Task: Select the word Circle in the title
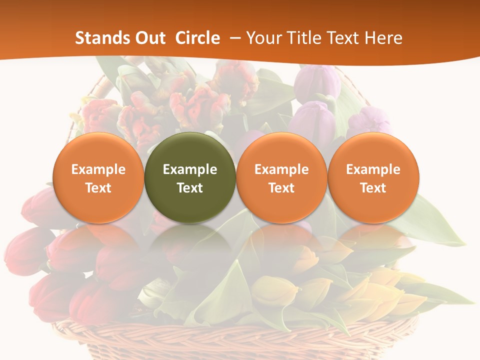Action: click(x=197, y=38)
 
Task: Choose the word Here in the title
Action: click(x=385, y=38)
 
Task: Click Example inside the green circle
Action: click(x=190, y=169)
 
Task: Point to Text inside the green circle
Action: click(x=190, y=188)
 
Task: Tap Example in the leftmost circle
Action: click(x=98, y=169)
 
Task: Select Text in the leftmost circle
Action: click(x=98, y=188)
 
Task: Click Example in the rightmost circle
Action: click(x=373, y=169)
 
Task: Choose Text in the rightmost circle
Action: click(x=373, y=188)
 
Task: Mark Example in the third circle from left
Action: click(x=281, y=169)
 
